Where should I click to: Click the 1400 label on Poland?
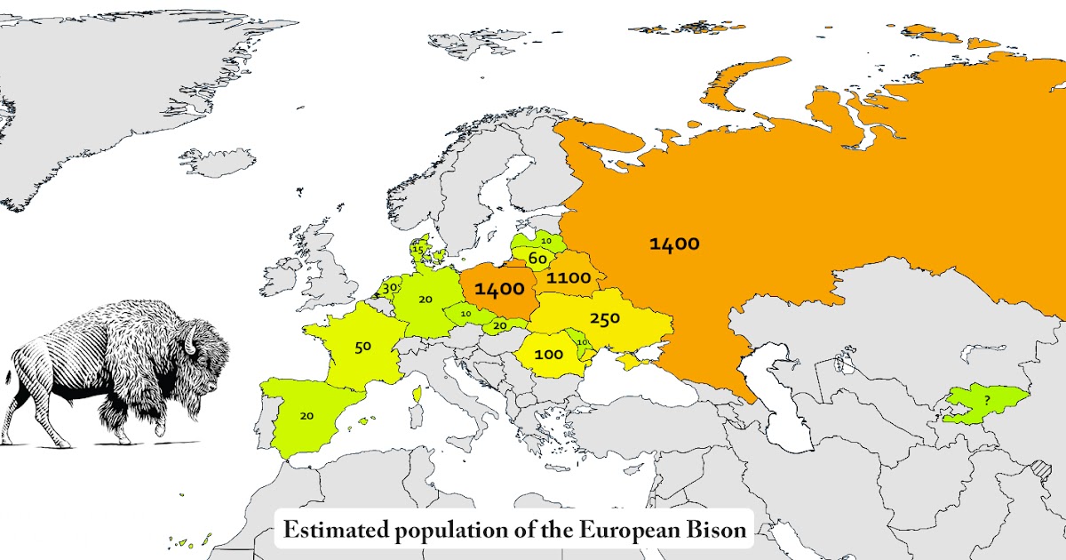coord(498,289)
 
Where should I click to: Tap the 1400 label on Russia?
coord(674,244)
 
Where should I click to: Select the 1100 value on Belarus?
coord(569,278)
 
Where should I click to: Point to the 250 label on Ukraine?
coord(604,318)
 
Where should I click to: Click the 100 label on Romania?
coord(549,355)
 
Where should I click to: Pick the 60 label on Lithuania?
coord(537,259)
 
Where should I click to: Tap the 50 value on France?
coord(362,347)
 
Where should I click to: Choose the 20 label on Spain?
coord(306,415)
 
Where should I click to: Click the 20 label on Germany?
coord(426,300)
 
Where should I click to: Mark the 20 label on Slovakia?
coord(500,326)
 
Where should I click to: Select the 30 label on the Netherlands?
coord(389,288)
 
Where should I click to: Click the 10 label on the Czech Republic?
coord(465,313)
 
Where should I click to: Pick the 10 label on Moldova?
coord(583,342)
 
